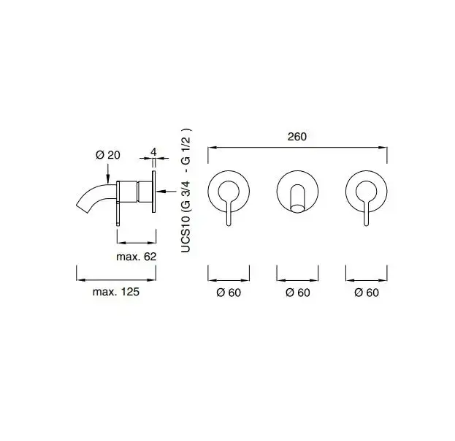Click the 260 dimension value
click(x=297, y=137)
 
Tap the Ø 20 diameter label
click(x=107, y=155)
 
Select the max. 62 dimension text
click(x=136, y=257)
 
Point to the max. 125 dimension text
click(x=116, y=292)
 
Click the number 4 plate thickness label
click(x=153, y=152)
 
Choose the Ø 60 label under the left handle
click(x=229, y=293)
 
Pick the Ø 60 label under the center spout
click(x=298, y=293)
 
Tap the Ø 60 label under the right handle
click(x=367, y=293)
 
